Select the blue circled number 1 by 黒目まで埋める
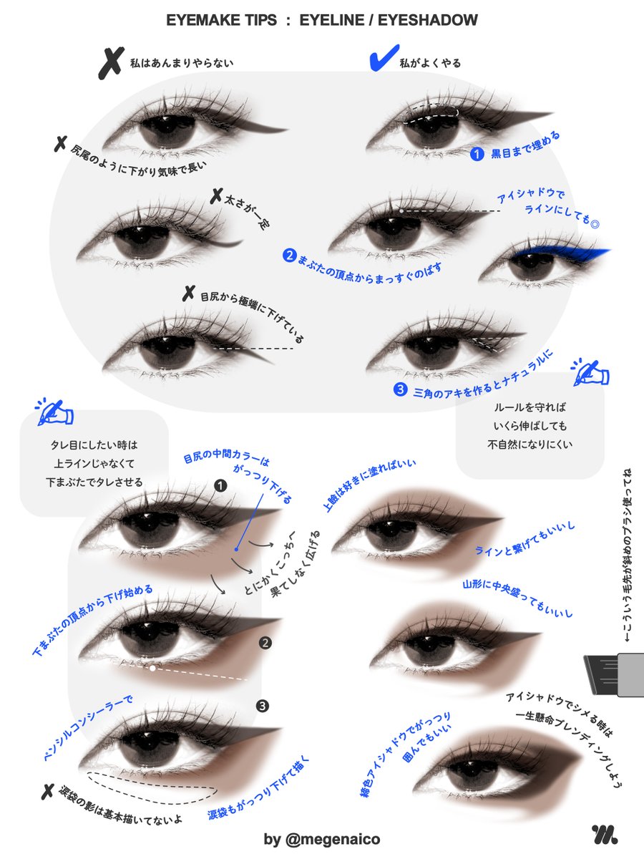tap(477, 153)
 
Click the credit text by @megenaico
tap(321, 839)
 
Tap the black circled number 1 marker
tap(220, 485)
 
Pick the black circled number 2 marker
tap(265, 643)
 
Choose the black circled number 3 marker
tap(262, 707)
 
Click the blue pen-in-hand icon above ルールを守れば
tap(589, 373)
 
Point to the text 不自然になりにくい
tap(530, 444)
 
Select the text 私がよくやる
tap(429, 63)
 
